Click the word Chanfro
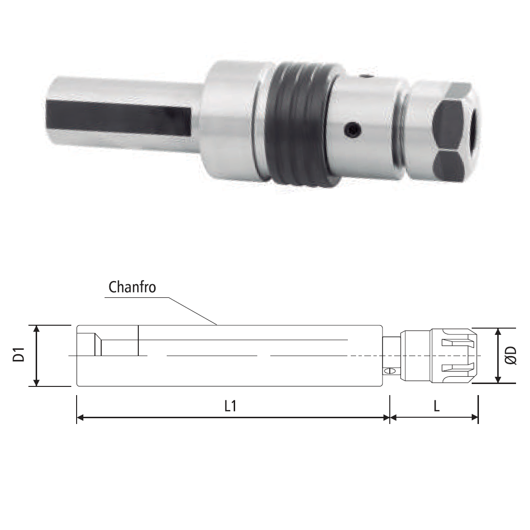click(132, 287)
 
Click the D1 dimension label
click(19, 354)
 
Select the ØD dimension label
click(511, 355)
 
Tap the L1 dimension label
click(230, 406)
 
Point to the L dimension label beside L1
click(437, 406)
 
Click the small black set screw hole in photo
click(353, 130)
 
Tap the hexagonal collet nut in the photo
click(446, 132)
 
